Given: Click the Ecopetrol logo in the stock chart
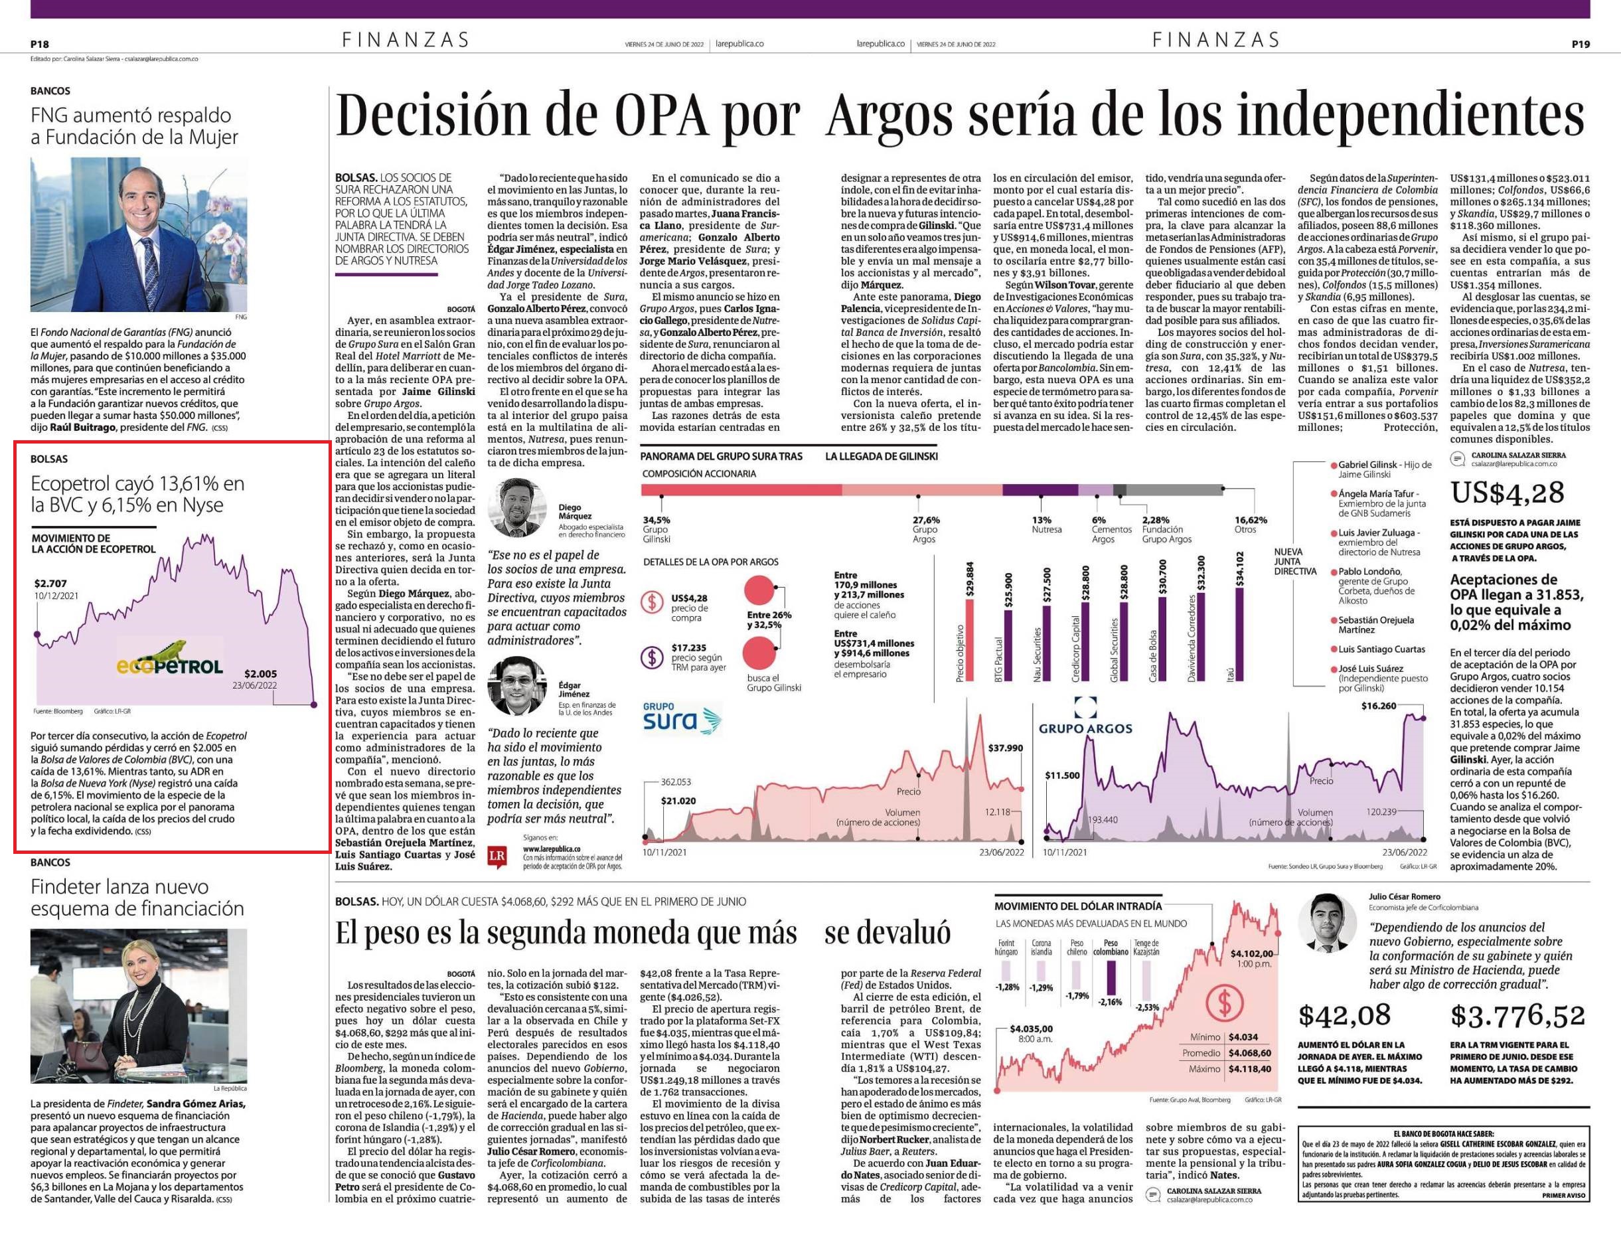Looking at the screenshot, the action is (169, 659).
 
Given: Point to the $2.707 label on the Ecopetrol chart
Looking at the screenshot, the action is (50, 584).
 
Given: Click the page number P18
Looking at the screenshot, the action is (40, 44).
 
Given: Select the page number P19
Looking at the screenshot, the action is (1580, 44).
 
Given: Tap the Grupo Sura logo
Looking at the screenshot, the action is (682, 718).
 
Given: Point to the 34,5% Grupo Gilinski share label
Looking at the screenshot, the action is (656, 529).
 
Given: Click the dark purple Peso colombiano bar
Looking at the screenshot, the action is (1111, 977).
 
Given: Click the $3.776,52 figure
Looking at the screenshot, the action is (1517, 1016).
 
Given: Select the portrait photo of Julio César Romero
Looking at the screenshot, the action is (1328, 922).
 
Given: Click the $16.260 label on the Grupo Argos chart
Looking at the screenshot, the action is (1377, 706).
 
